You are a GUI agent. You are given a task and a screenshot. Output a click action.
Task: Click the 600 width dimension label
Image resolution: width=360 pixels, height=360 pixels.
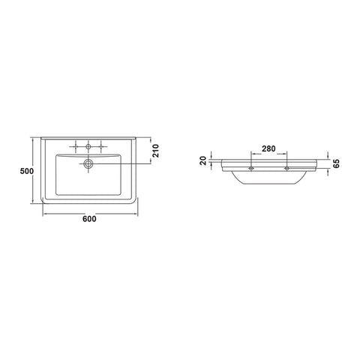pyautogui.click(x=89, y=219)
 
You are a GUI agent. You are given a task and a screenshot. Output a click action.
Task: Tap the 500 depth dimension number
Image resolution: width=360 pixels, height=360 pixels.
pyautogui.click(x=27, y=171)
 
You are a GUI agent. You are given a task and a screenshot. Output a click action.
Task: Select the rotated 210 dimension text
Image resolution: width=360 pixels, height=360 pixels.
pyautogui.click(x=155, y=151)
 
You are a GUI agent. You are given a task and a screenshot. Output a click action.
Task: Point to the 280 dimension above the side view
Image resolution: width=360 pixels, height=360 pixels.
pyautogui.click(x=268, y=148)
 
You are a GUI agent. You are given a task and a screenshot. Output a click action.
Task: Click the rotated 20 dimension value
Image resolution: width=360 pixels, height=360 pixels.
pyautogui.click(x=204, y=160)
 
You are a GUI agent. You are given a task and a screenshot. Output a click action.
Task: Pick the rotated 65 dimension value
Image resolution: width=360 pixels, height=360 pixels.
pyautogui.click(x=337, y=163)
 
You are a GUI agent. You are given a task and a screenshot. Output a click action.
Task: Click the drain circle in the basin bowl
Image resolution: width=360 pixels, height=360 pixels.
pyautogui.click(x=88, y=163)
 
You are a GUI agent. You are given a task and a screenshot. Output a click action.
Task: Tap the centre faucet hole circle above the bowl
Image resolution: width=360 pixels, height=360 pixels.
pyautogui.click(x=88, y=146)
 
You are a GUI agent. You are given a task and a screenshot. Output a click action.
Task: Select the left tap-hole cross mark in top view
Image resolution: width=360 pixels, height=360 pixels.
pyautogui.click(x=76, y=146)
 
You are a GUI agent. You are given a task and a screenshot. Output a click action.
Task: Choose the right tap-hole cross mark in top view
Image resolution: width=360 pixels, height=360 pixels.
pyautogui.click(x=101, y=146)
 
